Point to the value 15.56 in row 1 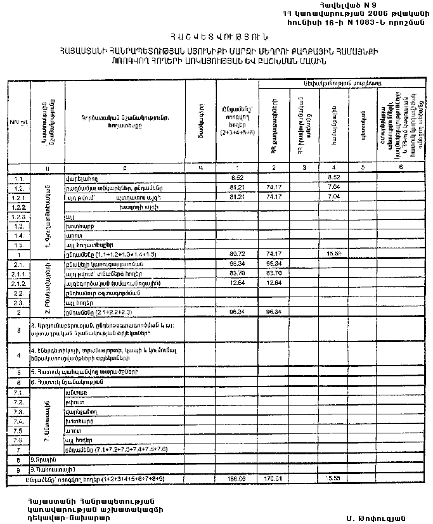point(335,253)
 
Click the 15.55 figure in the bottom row point(335,478)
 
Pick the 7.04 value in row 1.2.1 point(335,197)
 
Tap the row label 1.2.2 point(18,207)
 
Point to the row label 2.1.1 point(18,274)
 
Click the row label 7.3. point(18,411)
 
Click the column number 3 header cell point(304,167)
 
